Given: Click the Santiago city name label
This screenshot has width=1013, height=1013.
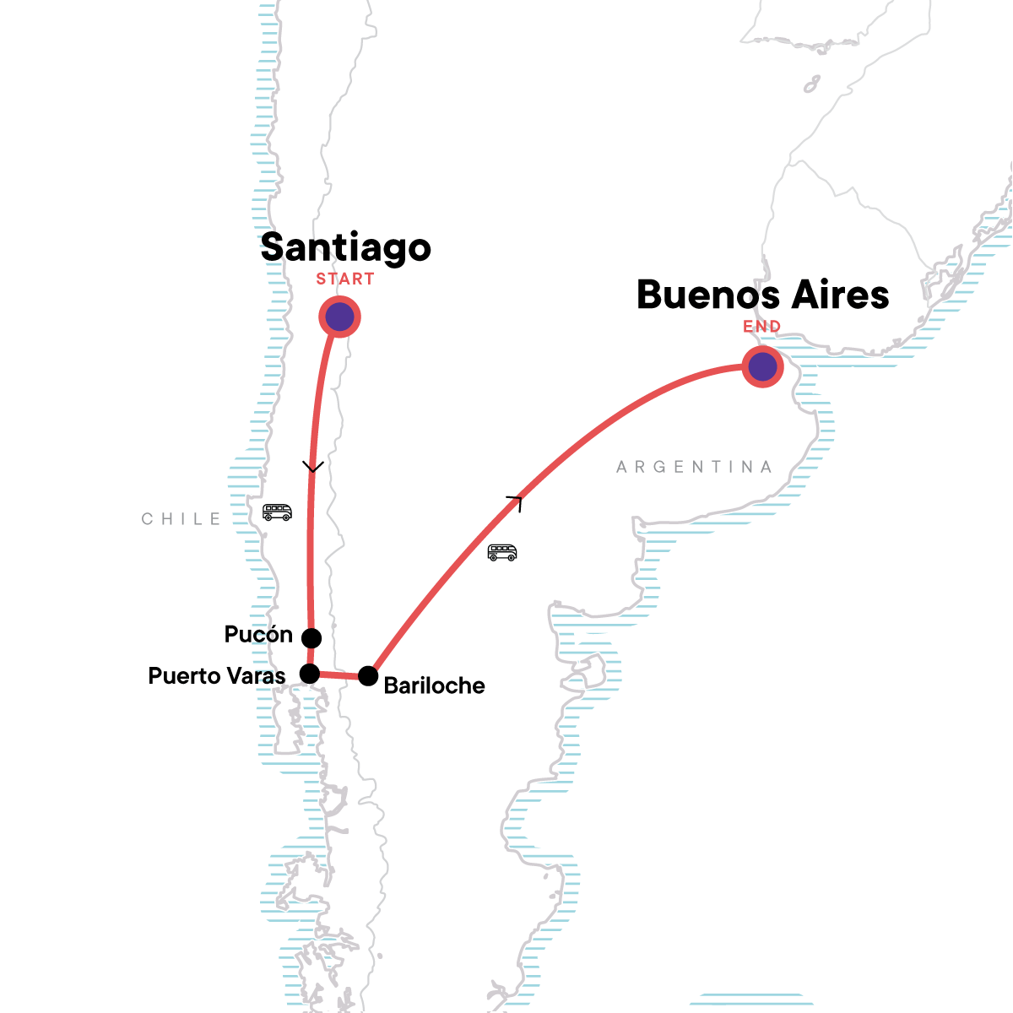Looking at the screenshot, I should pos(345,247).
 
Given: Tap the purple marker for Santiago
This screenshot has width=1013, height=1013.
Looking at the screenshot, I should pos(339,317).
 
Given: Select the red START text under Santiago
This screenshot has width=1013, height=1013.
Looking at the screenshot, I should pos(345,279).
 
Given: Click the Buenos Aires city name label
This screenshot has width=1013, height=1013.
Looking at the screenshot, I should pos(762,295).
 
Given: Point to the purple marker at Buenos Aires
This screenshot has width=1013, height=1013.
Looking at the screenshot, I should pos(762,367).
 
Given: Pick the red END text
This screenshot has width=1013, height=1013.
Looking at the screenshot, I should pos(761,327).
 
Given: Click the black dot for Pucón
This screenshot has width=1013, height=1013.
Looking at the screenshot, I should pos(311,637).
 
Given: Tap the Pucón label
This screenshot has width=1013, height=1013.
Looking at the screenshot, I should pos(258,635).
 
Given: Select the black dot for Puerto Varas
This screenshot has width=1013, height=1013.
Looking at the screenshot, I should pos(310,674).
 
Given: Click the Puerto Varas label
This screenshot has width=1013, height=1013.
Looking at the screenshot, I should pos(217,676).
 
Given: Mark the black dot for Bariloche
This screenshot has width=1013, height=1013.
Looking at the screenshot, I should pos(368,676).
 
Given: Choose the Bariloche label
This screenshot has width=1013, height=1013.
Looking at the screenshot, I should pos(434,685).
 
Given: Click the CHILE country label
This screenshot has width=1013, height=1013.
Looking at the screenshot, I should pos(181,519).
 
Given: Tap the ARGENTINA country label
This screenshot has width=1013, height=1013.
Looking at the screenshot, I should pos(694,467).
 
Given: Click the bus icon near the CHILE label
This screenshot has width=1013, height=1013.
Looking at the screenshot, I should pos(277,512).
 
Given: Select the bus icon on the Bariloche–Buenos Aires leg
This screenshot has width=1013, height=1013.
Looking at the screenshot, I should pos(502,553).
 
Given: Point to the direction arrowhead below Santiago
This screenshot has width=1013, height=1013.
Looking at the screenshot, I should pos(313,467).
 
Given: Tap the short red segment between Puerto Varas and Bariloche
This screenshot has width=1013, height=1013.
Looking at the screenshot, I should pos(339,675).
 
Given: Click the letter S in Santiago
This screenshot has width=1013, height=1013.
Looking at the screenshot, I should pos(272,247).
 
